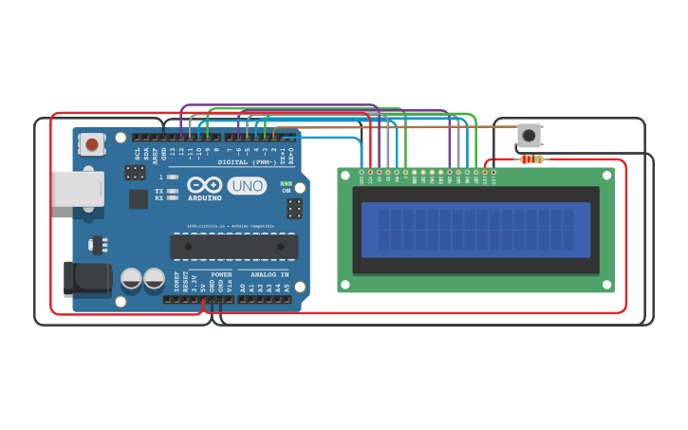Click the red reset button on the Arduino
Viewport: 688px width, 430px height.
91,144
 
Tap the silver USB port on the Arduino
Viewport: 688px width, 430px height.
76,188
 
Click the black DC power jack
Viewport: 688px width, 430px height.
85,277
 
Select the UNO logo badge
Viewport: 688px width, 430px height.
247,186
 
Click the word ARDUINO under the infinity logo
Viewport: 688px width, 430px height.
204,198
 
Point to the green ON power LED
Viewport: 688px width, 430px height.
286,183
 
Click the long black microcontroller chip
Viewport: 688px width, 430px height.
228,247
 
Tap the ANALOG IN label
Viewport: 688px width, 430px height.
270,274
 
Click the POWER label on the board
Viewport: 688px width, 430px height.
220,274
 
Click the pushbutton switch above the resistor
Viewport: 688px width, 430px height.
529,135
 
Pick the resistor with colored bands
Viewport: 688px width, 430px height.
531,159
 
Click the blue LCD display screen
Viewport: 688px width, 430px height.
475,229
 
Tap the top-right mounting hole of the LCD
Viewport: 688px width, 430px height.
606,176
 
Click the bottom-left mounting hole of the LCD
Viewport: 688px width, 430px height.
345,284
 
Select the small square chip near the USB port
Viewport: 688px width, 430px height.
139,198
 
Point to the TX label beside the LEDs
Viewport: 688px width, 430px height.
158,191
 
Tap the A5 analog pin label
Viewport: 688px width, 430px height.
287,286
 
